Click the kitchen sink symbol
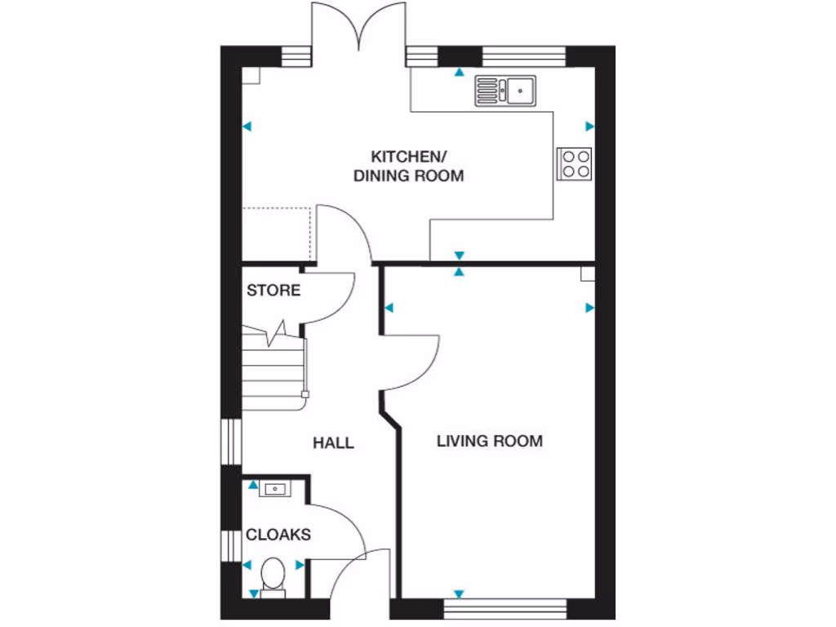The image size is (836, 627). tap(505, 90)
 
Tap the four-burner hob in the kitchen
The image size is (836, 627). tap(574, 162)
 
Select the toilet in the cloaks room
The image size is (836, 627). tap(272, 575)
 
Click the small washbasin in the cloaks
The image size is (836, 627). tap(274, 489)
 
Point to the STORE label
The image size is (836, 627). tap(273, 291)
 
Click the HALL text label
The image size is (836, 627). tap(334, 443)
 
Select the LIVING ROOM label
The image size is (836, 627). tap(489, 442)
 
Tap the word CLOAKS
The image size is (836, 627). tap(278, 536)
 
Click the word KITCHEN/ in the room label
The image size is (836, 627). tap(407, 156)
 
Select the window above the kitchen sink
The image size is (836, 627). tap(523, 56)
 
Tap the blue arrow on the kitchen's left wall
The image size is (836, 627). tap(247, 127)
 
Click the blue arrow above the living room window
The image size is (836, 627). tap(460, 594)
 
